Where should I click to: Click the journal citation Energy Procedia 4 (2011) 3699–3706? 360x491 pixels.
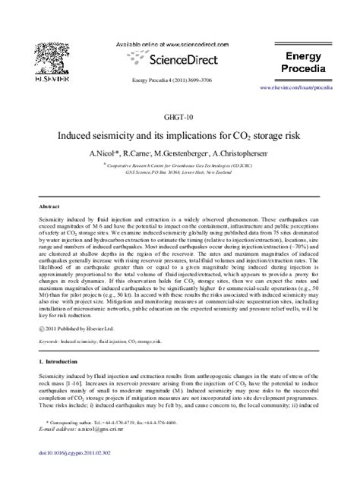pos(179,80)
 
